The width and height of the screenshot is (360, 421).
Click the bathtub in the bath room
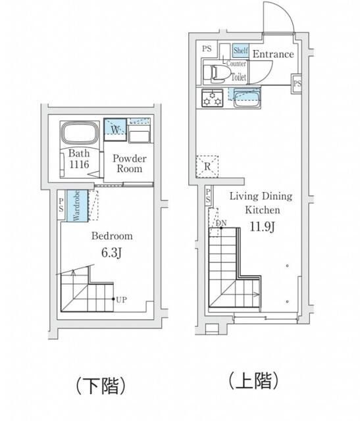[81, 134]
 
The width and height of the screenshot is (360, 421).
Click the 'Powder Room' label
[129, 162]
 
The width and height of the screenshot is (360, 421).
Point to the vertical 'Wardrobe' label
[76, 205]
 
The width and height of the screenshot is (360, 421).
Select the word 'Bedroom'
[112, 235]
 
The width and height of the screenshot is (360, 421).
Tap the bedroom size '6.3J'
[112, 252]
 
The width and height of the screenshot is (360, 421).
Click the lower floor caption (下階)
[101, 384]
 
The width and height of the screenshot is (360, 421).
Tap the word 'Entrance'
[272, 54]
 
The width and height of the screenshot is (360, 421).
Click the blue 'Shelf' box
[240, 51]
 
